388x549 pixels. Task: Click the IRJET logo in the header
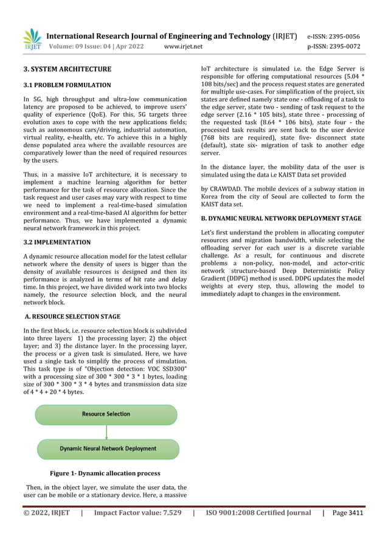pyautogui.click(x=32, y=40)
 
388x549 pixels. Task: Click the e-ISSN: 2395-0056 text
pyautogui.click(x=333, y=37)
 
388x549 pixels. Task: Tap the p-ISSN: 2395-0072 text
pyautogui.click(x=333, y=46)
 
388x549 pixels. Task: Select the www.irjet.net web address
pyautogui.click(x=184, y=46)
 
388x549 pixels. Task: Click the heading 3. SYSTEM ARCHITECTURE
pyautogui.click(x=68, y=69)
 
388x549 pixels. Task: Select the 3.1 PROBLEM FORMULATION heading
pyautogui.click(x=67, y=85)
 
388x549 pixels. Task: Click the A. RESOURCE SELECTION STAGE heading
pyautogui.click(x=72, y=316)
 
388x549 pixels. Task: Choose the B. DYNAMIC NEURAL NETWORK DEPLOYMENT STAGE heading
pyautogui.click(x=281, y=218)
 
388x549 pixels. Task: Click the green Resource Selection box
pyautogui.click(x=106, y=414)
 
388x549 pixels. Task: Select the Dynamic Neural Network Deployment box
pyautogui.click(x=108, y=449)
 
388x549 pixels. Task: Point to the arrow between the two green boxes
pyautogui.click(x=107, y=432)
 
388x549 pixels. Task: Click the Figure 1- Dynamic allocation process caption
pyautogui.click(x=105, y=473)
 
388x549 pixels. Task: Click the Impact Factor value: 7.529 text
pyautogui.click(x=137, y=513)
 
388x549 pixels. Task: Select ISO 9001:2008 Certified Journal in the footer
pyautogui.click(x=258, y=513)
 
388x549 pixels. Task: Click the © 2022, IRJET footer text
pyautogui.click(x=47, y=513)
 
